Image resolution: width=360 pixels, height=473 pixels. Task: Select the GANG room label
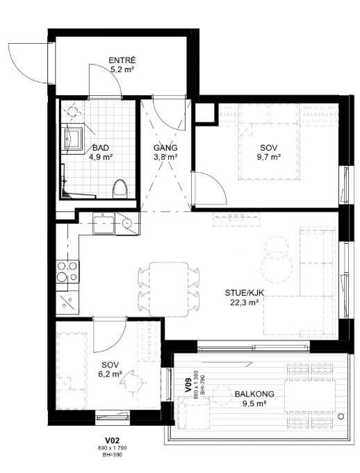click(165, 148)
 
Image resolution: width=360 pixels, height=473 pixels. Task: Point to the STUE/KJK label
click(245, 292)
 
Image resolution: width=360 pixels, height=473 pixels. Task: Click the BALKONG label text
click(254, 394)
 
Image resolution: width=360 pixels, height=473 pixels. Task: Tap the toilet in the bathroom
click(120, 189)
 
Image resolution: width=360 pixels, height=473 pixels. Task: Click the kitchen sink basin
click(104, 223)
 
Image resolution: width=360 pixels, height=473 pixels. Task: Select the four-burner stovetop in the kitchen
click(67, 272)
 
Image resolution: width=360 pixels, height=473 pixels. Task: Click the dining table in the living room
click(169, 290)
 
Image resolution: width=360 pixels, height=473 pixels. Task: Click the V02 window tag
click(113, 442)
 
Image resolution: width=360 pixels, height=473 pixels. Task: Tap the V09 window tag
click(188, 385)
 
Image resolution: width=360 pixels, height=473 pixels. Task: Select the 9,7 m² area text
click(269, 157)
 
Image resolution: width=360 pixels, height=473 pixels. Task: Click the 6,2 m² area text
click(110, 374)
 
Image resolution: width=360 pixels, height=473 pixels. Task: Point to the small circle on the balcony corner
click(341, 417)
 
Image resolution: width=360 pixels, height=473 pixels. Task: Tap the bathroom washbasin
click(74, 138)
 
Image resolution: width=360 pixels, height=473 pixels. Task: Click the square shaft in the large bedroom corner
click(205, 113)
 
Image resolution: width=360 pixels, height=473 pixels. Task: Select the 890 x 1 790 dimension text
click(113, 449)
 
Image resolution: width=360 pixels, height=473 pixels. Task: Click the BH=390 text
click(113, 455)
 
